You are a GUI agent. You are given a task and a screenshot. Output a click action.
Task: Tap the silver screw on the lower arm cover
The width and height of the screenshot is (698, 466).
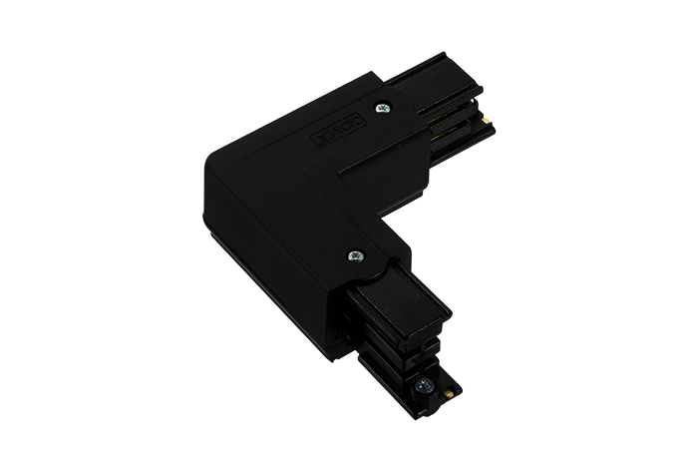click(354, 254)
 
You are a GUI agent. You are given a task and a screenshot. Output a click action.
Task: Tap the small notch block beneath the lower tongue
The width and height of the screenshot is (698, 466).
click(384, 329)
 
